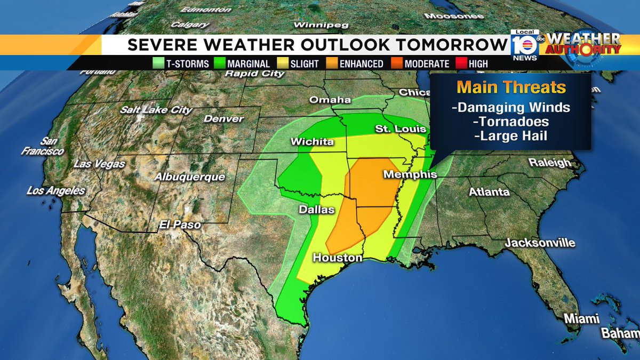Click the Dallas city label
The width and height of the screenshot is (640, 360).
[316, 210]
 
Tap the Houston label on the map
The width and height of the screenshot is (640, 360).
[337, 258]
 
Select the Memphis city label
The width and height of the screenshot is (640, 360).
[410, 174]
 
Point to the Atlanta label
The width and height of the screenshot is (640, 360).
[489, 191]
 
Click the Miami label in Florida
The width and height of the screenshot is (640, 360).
[582, 318]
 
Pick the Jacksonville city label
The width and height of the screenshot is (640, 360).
[540, 243]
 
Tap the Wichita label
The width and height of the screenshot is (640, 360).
[312, 142]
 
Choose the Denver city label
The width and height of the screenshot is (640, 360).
[223, 119]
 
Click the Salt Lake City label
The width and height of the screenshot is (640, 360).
[156, 110]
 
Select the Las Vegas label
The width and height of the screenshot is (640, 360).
[99, 164]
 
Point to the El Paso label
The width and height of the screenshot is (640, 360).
[180, 225]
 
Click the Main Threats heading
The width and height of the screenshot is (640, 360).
[511, 87]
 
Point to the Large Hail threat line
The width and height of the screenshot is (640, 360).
[510, 136]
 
